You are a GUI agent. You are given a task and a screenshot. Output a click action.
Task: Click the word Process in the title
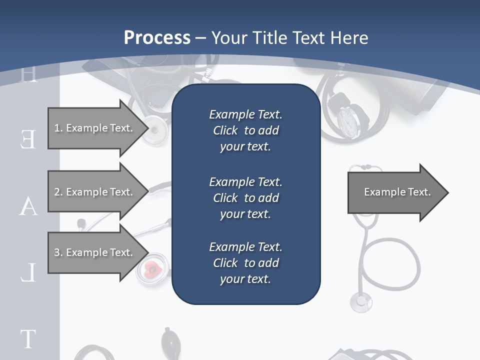[157, 38]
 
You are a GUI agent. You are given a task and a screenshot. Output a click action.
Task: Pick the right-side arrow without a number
[397, 192]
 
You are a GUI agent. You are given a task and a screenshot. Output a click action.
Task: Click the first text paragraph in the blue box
[245, 130]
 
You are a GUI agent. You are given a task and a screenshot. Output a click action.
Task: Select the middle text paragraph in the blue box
[245, 198]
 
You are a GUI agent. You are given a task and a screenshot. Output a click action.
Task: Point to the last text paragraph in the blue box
[245, 263]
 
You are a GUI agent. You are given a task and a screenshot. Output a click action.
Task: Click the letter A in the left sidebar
[28, 206]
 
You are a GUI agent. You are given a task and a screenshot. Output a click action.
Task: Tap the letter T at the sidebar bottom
[28, 338]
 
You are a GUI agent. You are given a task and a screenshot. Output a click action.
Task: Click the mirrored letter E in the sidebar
[28, 139]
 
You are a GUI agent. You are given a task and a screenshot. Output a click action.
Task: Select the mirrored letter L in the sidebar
[28, 273]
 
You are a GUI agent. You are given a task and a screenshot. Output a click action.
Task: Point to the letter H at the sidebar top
[29, 75]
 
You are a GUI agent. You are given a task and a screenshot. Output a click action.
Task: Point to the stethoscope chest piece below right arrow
[361, 301]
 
